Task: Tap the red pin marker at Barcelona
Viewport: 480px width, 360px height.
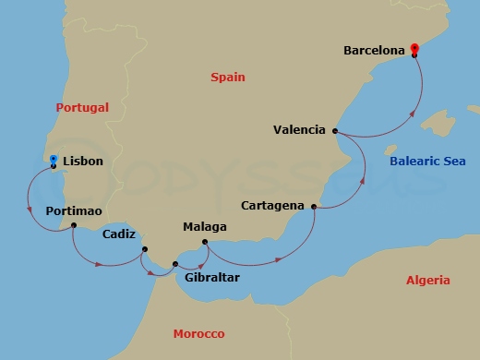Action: (x=414, y=49)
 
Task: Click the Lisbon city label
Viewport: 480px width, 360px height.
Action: (x=83, y=161)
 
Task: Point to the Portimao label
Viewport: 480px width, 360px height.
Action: (x=73, y=211)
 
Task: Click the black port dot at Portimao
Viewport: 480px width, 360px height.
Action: (x=73, y=226)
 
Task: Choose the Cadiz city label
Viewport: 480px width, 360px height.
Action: (x=121, y=234)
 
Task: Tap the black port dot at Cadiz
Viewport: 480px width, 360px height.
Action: (x=144, y=249)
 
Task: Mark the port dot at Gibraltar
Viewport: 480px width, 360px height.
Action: (x=175, y=265)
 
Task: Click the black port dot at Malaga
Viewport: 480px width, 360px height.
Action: (x=205, y=243)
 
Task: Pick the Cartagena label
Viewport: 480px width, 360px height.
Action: (x=274, y=205)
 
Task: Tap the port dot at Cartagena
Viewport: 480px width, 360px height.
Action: (x=315, y=207)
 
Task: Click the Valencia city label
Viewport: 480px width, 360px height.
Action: (x=299, y=130)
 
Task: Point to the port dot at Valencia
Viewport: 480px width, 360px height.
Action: (x=335, y=131)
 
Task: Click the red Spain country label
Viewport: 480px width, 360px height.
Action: (x=226, y=78)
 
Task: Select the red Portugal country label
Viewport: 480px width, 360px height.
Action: (x=82, y=108)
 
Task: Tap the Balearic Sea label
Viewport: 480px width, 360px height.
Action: (x=427, y=161)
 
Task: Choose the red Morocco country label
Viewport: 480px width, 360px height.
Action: (x=198, y=333)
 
